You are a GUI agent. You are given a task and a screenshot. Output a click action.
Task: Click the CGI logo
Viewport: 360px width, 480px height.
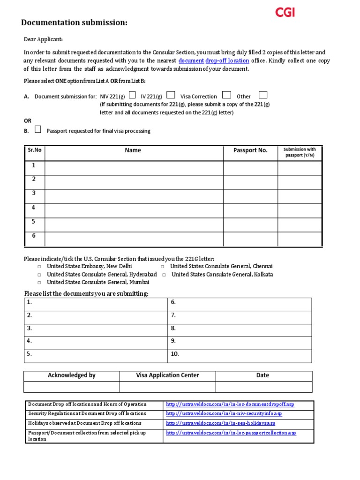click(285, 13)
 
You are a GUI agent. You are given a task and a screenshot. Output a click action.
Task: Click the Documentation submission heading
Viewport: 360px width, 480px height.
click(74, 23)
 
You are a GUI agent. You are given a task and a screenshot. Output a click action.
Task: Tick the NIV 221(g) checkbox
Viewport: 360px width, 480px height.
click(133, 95)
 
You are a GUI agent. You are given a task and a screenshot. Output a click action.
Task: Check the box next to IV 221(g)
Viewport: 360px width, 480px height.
click(171, 95)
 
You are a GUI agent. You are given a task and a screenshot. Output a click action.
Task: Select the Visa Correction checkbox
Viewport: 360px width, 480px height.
click(226, 95)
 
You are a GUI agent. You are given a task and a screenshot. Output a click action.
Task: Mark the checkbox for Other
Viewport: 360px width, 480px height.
click(263, 95)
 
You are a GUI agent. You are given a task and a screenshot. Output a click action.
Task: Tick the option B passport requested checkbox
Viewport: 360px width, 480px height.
click(38, 129)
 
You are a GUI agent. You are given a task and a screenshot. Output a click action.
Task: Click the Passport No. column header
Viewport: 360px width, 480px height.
click(250, 150)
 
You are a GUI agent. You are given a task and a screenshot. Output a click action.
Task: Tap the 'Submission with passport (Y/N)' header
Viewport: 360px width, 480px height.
click(300, 152)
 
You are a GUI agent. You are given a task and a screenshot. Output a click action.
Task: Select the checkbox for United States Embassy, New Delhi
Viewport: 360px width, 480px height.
click(40, 266)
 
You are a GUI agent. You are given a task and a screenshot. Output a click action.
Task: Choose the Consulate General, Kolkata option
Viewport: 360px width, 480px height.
click(165, 275)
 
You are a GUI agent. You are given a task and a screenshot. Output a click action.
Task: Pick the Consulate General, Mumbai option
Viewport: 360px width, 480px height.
click(40, 283)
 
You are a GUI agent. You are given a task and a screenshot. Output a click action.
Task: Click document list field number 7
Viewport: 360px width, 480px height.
click(240, 315)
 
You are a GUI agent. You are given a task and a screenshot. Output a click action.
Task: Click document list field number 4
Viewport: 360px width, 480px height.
click(96, 341)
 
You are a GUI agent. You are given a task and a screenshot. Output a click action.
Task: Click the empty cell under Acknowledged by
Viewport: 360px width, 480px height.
click(72, 387)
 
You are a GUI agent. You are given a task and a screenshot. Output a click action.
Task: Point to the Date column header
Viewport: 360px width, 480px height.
click(262, 375)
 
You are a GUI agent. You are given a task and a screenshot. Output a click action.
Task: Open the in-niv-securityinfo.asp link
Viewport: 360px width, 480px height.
click(224, 414)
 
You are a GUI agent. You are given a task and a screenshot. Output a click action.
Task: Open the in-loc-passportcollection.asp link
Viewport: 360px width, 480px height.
click(231, 433)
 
